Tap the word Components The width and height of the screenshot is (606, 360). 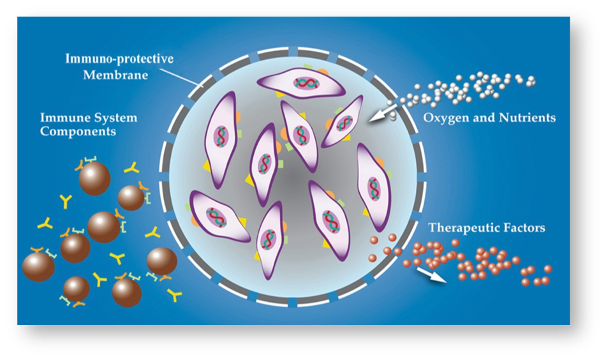[x=78, y=132]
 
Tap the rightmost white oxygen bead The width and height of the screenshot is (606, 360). [x=532, y=81]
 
